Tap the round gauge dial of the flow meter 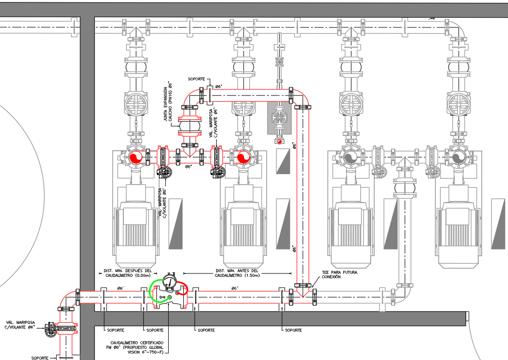tap(170, 281)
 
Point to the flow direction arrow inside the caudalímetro tap(161, 297)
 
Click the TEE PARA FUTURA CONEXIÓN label tap(339, 274)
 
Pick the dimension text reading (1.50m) tap(236, 275)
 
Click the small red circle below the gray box tap(279, 141)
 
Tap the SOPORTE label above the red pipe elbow tap(197, 79)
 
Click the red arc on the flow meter tap(184, 289)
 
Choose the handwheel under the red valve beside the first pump tap(164, 171)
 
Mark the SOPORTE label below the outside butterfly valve tap(40, 358)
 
